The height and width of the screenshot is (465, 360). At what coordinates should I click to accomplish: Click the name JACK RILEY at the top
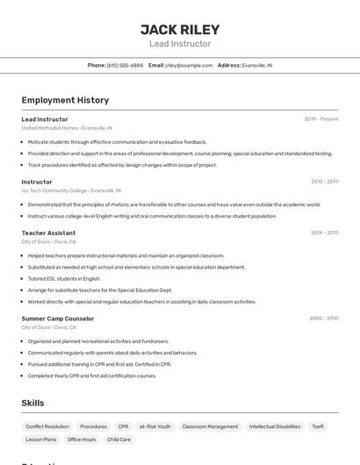click(180, 29)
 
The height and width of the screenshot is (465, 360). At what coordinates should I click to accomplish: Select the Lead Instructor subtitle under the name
click(180, 44)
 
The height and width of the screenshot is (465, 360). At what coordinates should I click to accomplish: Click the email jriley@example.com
click(189, 65)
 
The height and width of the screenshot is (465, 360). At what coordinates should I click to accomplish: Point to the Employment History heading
click(65, 100)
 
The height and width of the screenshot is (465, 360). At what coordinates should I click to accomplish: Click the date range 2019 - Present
click(321, 119)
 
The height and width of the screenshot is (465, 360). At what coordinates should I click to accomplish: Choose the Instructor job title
click(37, 182)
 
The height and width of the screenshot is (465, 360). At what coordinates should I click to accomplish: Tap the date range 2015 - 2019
click(324, 182)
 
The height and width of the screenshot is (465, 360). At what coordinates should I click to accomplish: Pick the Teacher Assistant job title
click(48, 232)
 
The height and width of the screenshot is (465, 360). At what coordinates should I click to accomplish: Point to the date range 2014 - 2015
click(324, 232)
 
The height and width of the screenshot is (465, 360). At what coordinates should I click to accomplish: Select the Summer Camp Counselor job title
click(58, 318)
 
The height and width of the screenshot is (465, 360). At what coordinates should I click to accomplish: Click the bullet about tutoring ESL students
click(64, 278)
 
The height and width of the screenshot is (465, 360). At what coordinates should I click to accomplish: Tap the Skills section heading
click(33, 403)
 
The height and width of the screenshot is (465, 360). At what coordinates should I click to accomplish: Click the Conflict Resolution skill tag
click(47, 426)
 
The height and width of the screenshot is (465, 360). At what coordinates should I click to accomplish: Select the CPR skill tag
click(123, 426)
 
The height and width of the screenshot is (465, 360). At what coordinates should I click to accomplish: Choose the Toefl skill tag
click(317, 426)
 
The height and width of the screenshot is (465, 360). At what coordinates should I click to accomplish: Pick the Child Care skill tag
click(119, 440)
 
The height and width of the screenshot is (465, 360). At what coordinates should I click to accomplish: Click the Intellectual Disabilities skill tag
click(275, 426)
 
